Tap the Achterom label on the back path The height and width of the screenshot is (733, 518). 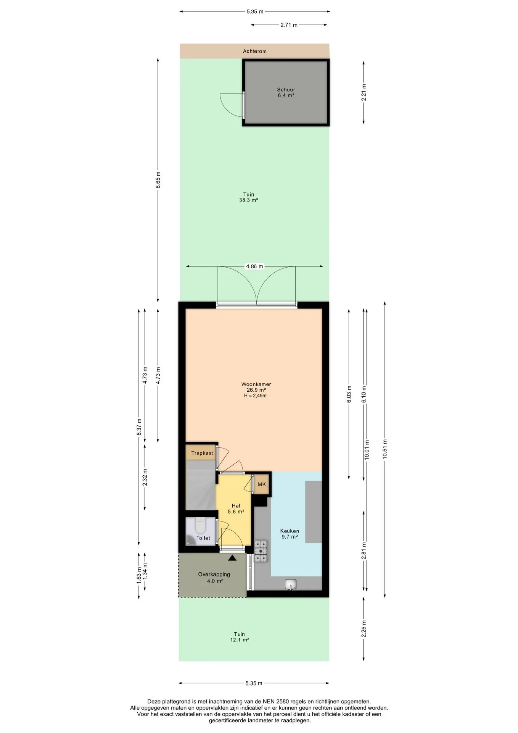(x=255, y=51)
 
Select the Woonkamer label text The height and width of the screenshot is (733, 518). (x=256, y=384)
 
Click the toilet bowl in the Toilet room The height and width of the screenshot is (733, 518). (x=200, y=526)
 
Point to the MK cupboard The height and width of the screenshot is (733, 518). (x=262, y=484)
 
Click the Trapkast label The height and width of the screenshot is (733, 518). (x=202, y=453)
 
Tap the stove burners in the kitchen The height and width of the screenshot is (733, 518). (x=261, y=551)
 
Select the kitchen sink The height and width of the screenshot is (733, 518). (x=291, y=584)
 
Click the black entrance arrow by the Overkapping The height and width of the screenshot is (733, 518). (x=232, y=558)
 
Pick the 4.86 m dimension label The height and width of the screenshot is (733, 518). (x=254, y=266)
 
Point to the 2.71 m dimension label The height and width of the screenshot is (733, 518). (x=289, y=25)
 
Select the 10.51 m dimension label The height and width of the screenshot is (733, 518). (x=385, y=449)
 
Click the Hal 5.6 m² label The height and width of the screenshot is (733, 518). (x=236, y=509)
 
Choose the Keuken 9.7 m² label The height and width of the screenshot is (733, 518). (x=290, y=534)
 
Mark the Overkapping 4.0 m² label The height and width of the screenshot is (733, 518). (x=214, y=578)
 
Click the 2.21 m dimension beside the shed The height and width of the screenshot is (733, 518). (x=364, y=92)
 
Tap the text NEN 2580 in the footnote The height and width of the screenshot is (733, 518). (x=275, y=701)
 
